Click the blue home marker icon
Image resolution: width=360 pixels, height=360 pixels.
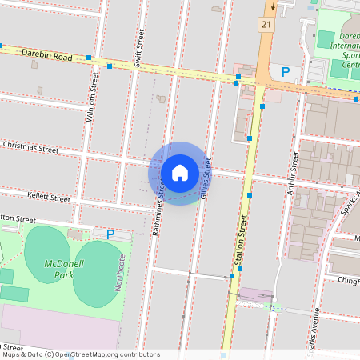(x=180, y=172)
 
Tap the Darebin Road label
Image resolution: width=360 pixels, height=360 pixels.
(x=46, y=54)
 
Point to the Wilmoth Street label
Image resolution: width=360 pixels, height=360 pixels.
(x=94, y=97)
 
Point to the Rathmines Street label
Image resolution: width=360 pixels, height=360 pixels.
(x=159, y=210)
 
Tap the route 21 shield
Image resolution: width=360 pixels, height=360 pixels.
(x=266, y=26)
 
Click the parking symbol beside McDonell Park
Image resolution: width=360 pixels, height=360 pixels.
(x=110, y=234)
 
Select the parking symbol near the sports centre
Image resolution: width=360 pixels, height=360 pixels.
(x=285, y=72)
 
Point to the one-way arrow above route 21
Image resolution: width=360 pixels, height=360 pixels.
(x=273, y=6)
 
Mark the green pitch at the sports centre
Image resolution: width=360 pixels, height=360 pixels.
(x=326, y=38)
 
